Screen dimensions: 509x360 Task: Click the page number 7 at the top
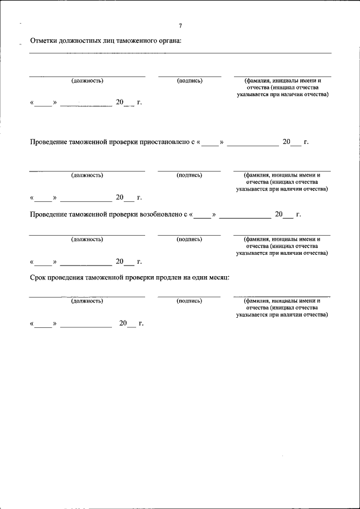pos(180,26)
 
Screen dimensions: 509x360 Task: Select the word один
pos(192,277)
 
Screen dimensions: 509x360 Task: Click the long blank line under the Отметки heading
pos(180,53)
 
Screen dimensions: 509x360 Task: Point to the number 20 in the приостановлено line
pos(287,142)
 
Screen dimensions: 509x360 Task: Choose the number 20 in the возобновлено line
pos(279,214)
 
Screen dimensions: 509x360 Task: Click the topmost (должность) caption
pos(87,80)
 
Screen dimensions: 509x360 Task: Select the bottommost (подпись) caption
pos(189,301)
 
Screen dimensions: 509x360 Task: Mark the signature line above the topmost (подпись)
pos(189,76)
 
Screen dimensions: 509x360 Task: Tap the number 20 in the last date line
pos(123,324)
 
